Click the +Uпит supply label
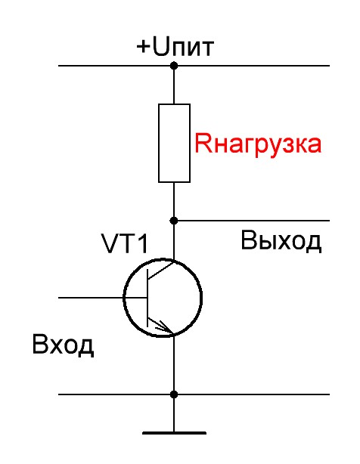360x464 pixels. tap(175, 48)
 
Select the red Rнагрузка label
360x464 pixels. tap(258, 143)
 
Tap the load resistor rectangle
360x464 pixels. tap(174, 144)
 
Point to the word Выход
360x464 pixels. tap(281, 241)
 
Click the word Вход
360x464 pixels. tap(63, 346)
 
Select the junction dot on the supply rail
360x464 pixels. tap(174, 67)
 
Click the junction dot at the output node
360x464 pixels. tap(174, 221)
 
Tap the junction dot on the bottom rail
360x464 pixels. tap(174, 394)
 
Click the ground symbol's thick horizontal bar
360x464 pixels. tap(174, 433)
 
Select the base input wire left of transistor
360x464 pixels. tap(91, 297)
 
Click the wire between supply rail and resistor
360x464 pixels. tap(174, 85)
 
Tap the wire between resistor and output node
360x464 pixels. tap(174, 201)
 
